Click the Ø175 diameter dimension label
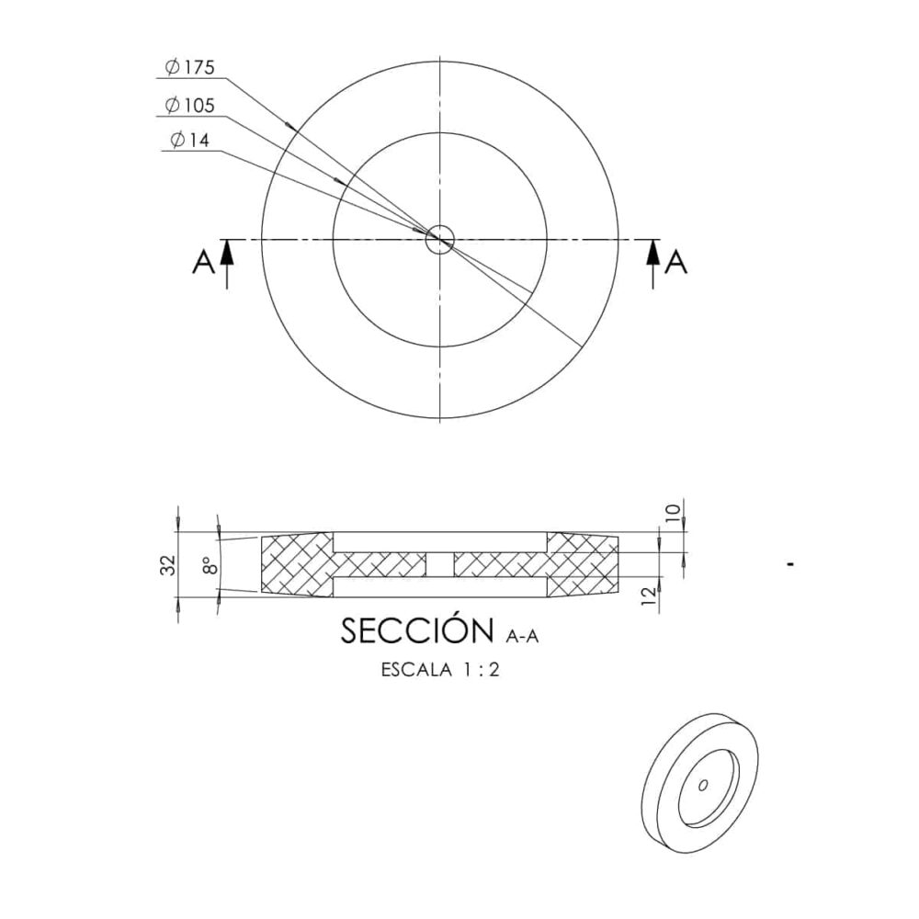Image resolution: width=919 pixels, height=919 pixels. point(190,67)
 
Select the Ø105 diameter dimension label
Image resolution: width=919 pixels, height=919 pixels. point(190,106)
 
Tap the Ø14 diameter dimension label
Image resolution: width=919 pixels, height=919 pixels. point(189,140)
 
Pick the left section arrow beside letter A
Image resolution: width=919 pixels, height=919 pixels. point(227,264)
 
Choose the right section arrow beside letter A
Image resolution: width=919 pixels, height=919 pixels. point(652,264)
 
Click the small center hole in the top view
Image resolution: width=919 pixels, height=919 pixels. point(439,239)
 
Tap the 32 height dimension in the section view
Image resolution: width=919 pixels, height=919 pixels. point(168,565)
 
